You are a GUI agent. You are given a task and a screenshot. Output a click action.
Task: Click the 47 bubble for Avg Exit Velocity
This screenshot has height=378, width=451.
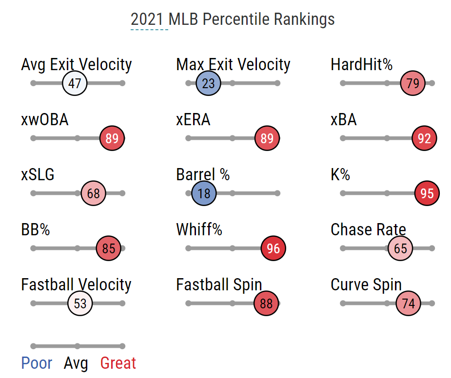coord(75,84)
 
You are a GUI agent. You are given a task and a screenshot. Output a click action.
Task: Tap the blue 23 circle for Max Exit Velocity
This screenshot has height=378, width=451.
coord(208,84)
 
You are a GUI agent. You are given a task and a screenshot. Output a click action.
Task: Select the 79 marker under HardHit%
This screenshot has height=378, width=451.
coord(412,84)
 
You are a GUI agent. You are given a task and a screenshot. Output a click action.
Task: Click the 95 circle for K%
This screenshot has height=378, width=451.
coord(427,193)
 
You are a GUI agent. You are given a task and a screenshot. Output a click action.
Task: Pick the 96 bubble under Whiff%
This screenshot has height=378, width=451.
coord(274,248)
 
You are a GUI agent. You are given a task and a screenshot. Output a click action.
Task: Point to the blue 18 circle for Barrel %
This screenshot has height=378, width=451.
coord(204,193)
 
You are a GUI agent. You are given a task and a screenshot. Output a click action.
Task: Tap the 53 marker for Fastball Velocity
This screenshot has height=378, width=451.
coord(80,303)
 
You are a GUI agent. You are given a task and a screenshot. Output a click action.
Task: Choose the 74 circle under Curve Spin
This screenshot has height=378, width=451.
coord(408,303)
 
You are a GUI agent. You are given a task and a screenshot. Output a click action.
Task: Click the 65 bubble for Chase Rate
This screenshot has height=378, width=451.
coord(400,248)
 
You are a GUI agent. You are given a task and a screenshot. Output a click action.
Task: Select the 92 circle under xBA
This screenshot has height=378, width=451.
coord(424,139)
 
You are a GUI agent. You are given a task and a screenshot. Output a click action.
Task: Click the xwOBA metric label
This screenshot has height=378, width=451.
coord(45,120)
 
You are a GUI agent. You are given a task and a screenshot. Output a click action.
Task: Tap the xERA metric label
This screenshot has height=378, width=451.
coord(193,120)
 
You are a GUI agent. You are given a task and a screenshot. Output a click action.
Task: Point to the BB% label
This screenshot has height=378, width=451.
coord(36,229)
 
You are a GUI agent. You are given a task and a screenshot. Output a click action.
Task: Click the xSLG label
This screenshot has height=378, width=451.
coord(38,175)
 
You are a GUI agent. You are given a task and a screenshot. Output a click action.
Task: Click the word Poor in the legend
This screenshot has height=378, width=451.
coord(37,363)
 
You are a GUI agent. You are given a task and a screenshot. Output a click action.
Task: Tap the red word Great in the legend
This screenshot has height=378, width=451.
coord(118,363)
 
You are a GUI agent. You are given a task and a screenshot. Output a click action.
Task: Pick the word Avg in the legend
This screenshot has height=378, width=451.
coord(76,363)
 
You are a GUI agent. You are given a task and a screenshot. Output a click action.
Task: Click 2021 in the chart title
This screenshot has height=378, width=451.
coord(149,19)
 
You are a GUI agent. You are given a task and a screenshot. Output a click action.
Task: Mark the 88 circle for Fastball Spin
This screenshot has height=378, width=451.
coord(266,303)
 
